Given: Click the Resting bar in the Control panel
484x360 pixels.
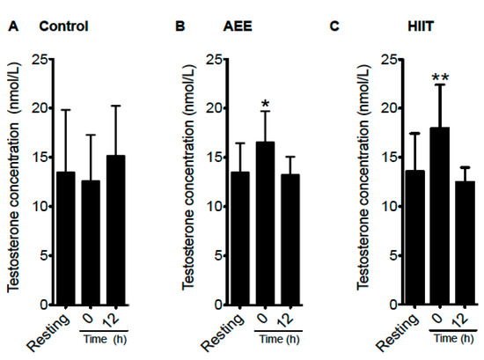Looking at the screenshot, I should (65, 239).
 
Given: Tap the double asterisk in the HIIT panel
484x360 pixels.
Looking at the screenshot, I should (440, 78).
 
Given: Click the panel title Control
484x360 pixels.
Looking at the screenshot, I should (63, 26).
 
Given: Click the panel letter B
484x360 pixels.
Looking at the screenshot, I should (180, 26).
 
